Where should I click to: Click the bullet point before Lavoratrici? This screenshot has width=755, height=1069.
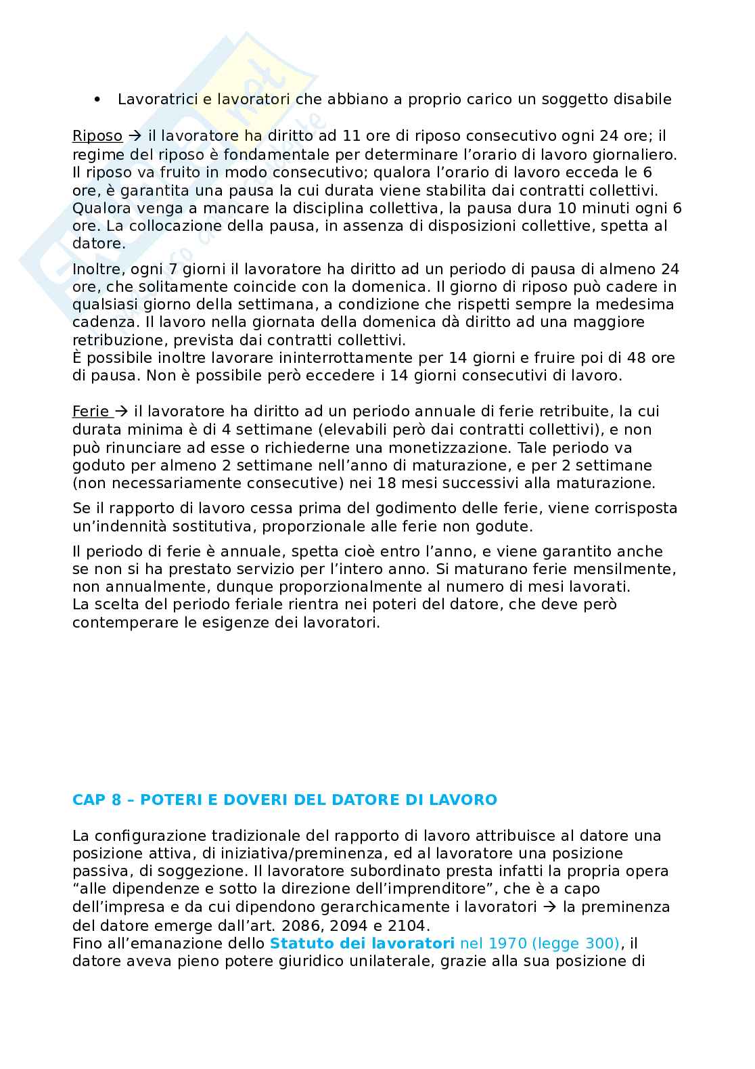(x=98, y=100)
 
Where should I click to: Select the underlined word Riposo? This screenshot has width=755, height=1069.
(x=97, y=136)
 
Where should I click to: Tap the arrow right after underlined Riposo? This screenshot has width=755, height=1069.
(x=132, y=136)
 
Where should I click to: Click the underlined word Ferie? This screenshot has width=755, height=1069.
(x=91, y=411)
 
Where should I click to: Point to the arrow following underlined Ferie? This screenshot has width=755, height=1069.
(x=121, y=411)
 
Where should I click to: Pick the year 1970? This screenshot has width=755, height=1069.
(x=508, y=943)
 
